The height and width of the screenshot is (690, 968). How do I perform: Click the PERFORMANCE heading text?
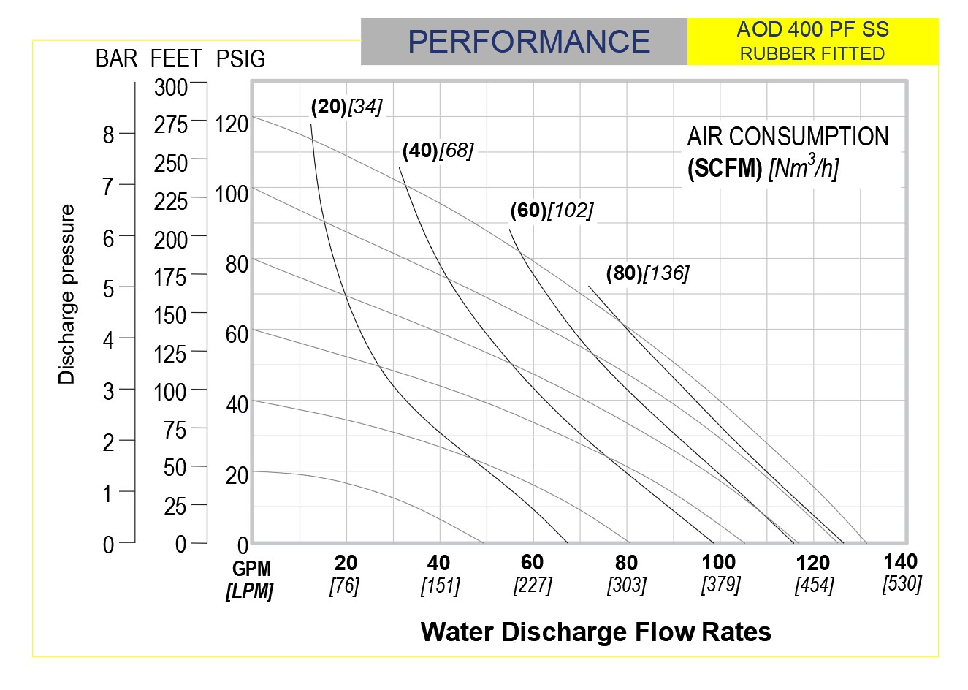[x=528, y=41]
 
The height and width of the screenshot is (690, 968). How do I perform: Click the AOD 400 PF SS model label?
[x=812, y=29]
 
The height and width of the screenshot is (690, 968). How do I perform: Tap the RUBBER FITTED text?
[x=812, y=53]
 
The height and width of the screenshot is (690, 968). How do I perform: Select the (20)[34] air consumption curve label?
[x=346, y=107]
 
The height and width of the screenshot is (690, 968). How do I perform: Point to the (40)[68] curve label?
[x=438, y=151]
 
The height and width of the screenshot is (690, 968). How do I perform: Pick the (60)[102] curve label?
[x=552, y=211]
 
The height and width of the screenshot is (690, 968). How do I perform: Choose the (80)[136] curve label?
[x=647, y=273]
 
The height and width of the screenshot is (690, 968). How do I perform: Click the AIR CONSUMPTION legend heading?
[x=788, y=137]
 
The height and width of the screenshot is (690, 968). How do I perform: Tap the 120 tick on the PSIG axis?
[x=232, y=124]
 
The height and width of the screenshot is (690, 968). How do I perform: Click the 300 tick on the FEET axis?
[x=171, y=88]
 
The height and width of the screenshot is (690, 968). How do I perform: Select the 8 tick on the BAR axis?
[x=109, y=135]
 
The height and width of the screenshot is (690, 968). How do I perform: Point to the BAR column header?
[x=116, y=58]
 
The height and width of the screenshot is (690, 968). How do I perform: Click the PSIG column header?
[x=241, y=59]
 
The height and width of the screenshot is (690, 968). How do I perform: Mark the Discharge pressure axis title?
[x=67, y=294]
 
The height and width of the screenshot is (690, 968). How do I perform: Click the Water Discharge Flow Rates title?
[x=595, y=632]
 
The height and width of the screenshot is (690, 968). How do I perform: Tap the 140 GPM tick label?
[x=901, y=561]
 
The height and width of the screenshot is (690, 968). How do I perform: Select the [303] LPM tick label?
[x=626, y=585]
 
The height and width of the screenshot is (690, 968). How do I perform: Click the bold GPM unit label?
[x=251, y=569]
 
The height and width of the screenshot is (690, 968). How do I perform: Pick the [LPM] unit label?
[x=249, y=591]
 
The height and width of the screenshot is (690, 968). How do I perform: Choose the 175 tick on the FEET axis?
[x=171, y=277]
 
